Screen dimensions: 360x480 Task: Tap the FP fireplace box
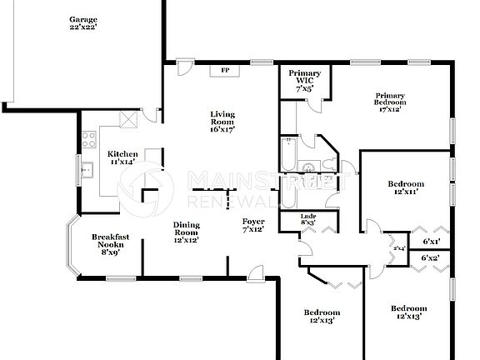tap(224, 71)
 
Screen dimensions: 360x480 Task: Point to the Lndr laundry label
tap(307, 219)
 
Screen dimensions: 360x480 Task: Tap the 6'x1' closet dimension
tap(431, 242)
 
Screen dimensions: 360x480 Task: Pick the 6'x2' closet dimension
tap(430, 258)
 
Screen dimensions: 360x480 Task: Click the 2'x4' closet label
tap(398, 248)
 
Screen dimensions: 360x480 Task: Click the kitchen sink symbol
tap(86, 171)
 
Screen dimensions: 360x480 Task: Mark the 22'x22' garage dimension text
tap(83, 27)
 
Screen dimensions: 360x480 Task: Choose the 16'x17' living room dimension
tap(222, 129)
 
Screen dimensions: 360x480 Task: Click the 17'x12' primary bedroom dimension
tap(389, 108)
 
